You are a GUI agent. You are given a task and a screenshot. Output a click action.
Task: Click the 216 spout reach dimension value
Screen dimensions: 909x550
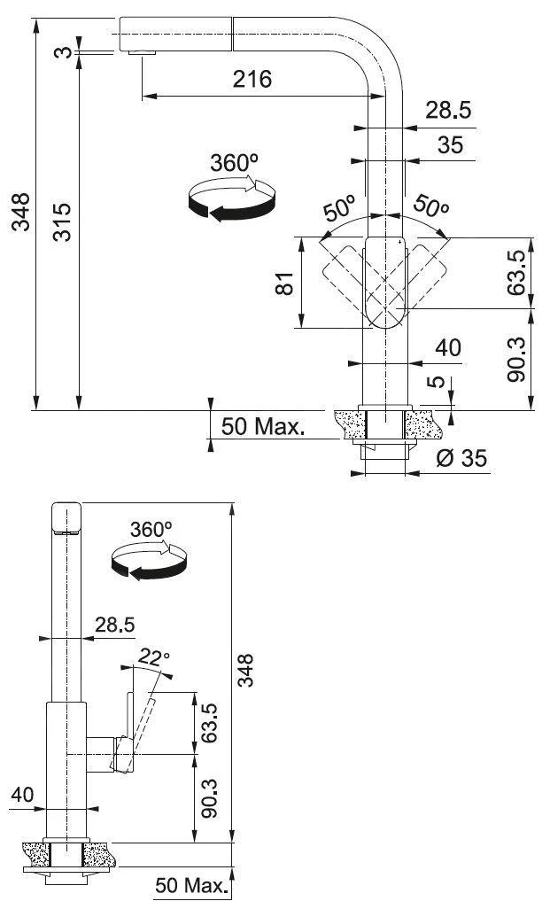click(252, 79)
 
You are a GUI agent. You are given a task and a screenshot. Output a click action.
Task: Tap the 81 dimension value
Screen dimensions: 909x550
click(283, 284)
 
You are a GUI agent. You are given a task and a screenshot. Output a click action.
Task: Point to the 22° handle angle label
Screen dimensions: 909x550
click(152, 656)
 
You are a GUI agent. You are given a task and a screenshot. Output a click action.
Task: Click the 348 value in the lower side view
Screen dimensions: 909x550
click(247, 670)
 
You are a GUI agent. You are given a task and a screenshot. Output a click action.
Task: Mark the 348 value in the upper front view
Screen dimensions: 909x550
click(19, 214)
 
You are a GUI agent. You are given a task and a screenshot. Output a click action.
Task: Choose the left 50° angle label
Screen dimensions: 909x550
click(337, 209)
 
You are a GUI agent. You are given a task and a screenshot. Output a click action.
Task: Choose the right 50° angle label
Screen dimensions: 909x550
click(430, 207)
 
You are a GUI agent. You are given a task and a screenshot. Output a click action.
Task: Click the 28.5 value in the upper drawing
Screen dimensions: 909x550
click(447, 110)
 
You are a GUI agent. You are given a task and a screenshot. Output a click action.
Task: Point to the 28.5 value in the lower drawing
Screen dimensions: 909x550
click(115, 625)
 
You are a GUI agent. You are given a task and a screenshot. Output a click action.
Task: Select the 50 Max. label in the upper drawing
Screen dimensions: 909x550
click(263, 427)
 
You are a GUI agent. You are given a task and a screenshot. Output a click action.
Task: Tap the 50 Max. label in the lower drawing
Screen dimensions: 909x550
click(191, 885)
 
